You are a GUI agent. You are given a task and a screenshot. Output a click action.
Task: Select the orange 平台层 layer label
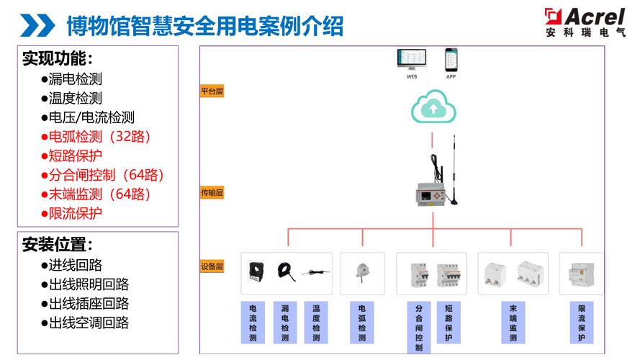[212, 91]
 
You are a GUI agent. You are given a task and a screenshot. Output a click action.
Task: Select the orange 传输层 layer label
[212, 192]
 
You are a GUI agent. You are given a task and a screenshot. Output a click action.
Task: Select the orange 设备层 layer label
[212, 266]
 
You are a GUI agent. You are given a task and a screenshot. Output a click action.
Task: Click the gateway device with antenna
[433, 192]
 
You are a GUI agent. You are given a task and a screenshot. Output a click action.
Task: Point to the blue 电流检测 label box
[253, 322]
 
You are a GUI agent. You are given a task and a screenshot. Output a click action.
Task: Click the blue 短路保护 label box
[449, 322]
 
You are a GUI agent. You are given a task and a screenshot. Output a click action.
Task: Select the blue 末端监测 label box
[513, 322]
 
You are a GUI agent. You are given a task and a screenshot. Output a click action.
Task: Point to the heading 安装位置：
[58, 245]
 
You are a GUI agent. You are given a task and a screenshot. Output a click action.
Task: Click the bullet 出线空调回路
[85, 322]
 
